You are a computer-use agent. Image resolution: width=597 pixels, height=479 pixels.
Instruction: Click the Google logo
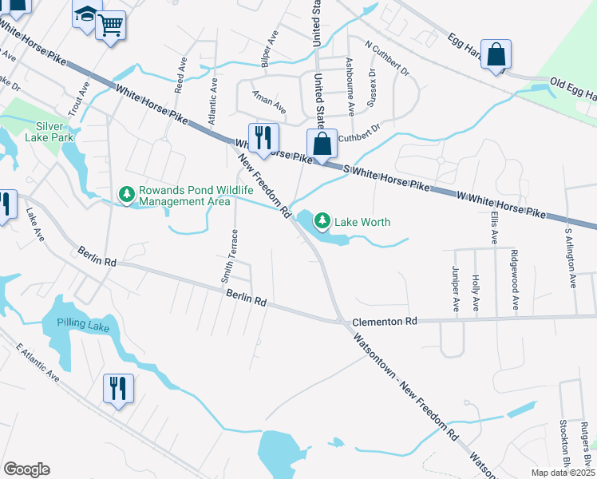point(26,469)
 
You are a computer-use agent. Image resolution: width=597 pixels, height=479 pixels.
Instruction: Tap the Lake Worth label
point(362,222)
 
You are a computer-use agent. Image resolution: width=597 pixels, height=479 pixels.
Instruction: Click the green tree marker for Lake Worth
point(322,220)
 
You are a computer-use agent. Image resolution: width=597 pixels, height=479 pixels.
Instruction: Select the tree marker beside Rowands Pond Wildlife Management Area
point(126,194)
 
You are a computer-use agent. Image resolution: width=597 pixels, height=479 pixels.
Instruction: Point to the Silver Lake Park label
point(54,132)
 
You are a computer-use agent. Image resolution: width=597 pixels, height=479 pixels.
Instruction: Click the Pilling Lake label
point(81,323)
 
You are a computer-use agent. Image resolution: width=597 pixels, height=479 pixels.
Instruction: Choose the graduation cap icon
point(86,14)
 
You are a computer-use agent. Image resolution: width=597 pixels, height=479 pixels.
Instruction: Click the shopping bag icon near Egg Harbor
point(496,55)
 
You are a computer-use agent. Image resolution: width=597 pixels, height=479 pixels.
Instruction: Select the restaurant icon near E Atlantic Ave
point(118,389)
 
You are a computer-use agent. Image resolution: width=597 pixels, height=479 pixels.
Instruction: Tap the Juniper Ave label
point(456,288)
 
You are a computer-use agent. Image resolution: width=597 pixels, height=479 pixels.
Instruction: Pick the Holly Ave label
point(476,292)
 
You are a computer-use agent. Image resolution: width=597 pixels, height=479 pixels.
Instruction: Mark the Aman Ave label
point(269,105)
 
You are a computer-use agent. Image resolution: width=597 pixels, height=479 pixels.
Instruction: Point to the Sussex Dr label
point(371,87)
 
